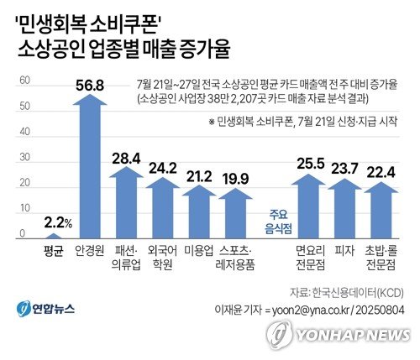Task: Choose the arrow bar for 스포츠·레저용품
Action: [x=237, y=215]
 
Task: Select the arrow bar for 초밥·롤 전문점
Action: [x=383, y=211]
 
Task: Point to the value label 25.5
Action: [x=310, y=159]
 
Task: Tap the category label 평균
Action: [x=53, y=250]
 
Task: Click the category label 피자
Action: [x=346, y=250]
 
